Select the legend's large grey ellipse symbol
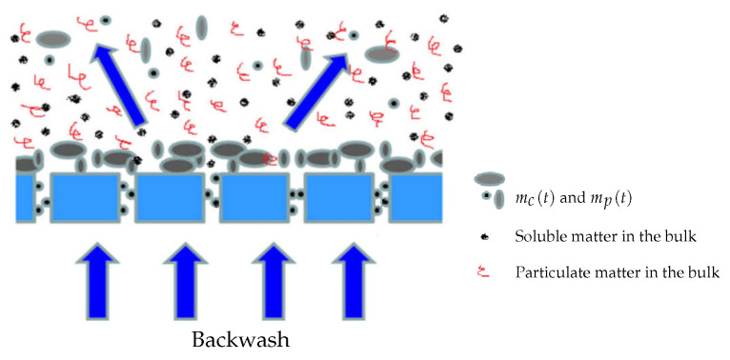pyautogui.click(x=489, y=179)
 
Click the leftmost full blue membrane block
pyautogui.click(x=85, y=197)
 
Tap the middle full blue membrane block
pyautogui.click(x=253, y=197)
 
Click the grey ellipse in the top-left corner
pyautogui.click(x=53, y=39)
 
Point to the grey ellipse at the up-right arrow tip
pyautogui.click(x=380, y=55)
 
